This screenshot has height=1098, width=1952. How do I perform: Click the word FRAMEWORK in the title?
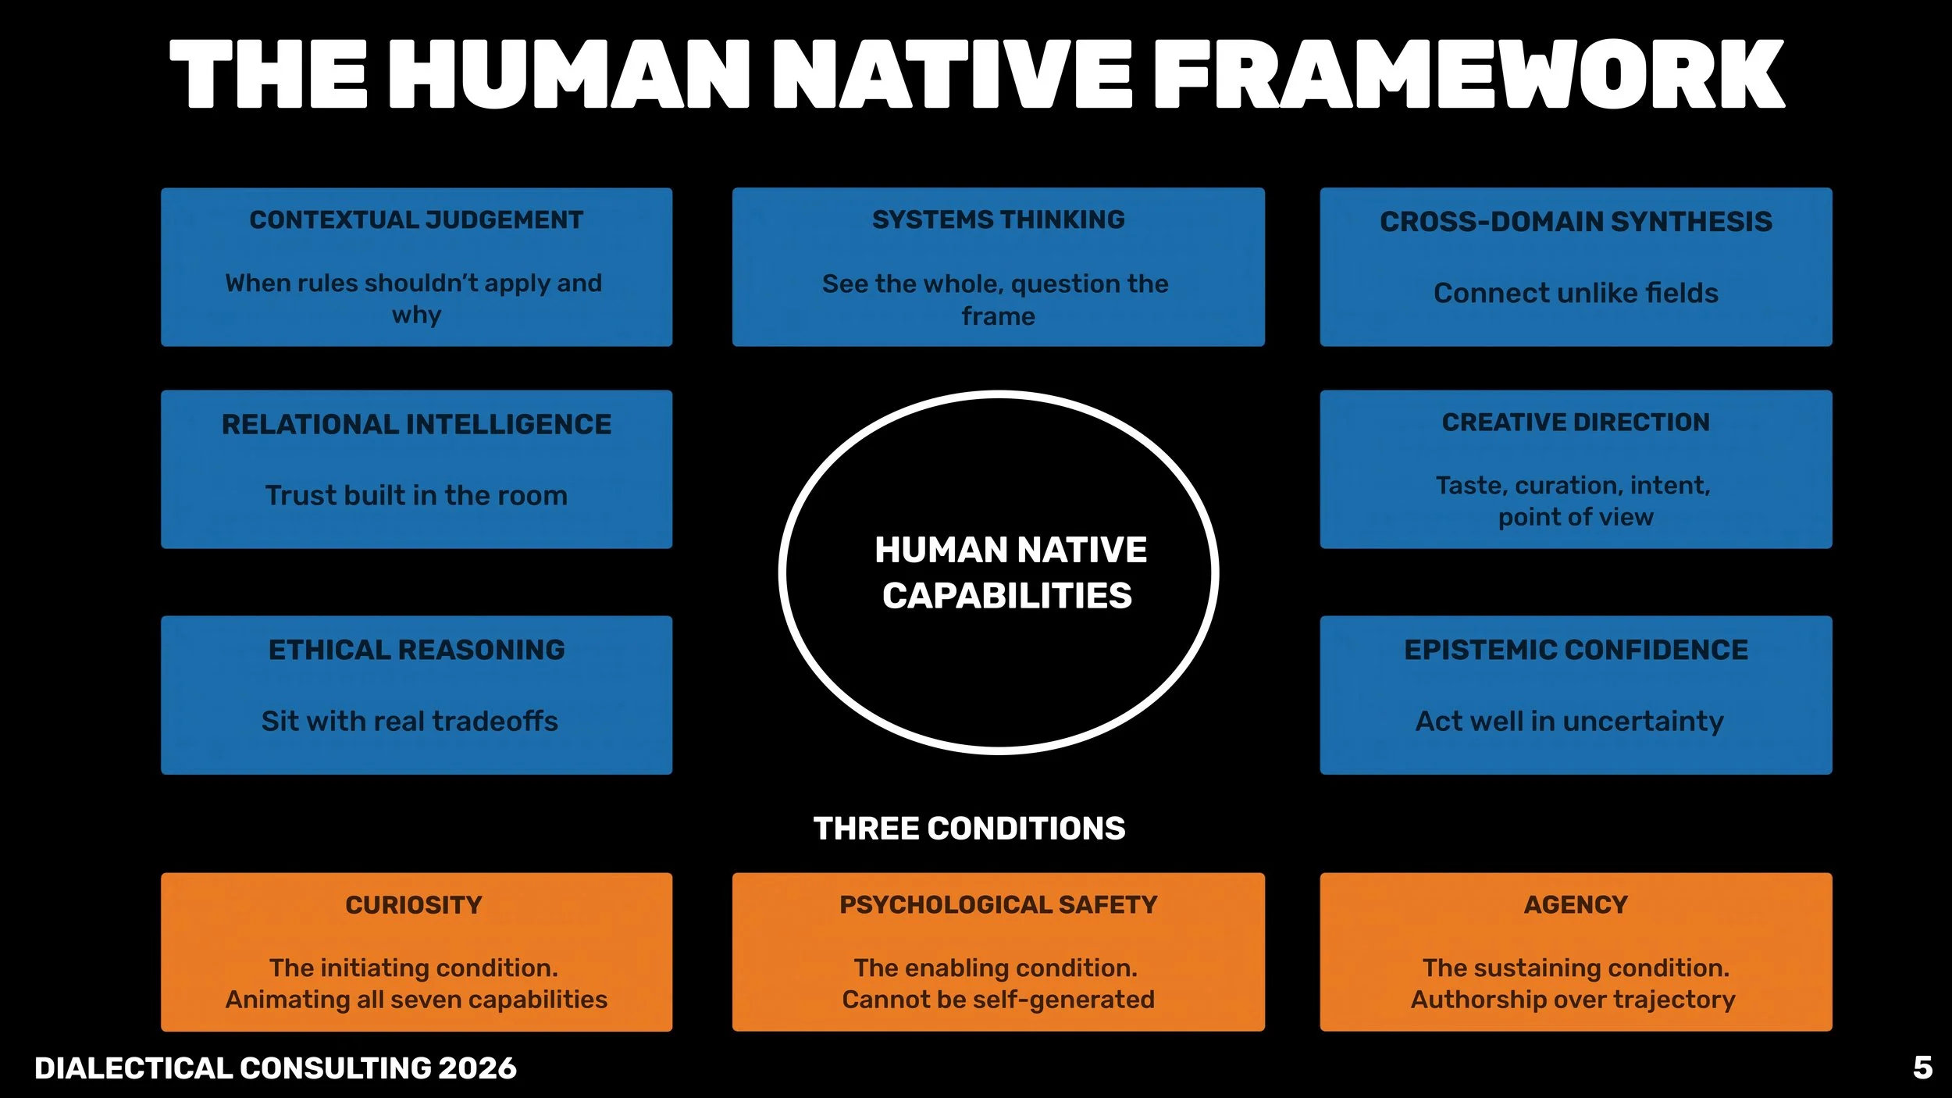1469,74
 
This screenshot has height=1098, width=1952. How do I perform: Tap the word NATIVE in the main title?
951,74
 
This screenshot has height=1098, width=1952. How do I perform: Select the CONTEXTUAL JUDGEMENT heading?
416,220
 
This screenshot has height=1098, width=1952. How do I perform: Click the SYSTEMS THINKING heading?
998,219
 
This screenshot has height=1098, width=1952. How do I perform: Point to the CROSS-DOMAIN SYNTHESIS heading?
1576,222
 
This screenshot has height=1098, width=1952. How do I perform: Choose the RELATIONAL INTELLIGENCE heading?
416,424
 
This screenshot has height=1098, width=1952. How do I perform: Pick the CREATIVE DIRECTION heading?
1576,422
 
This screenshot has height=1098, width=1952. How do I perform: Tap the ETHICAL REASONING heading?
416,650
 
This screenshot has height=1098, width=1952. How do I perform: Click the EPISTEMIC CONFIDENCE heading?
1576,650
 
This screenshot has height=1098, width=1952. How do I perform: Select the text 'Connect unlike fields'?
1576,293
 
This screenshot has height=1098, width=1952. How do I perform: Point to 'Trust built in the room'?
416,495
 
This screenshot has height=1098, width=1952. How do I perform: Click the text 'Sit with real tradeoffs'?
409,721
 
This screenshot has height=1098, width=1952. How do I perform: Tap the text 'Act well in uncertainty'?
1569,721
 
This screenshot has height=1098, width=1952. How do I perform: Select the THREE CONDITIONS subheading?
969,829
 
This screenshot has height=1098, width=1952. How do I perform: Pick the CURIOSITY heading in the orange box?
414,905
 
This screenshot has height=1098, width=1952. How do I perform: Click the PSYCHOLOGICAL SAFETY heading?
998,904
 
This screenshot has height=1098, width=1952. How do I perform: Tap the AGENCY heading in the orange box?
1576,904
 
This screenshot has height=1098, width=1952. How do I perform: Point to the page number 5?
1922,1068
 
